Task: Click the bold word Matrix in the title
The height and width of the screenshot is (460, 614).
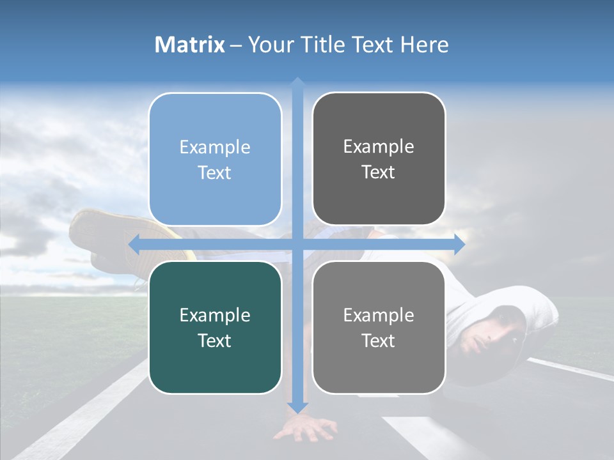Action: click(x=190, y=45)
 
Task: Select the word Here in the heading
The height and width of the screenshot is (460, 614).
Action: click(x=424, y=45)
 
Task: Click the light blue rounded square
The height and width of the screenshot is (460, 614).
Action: click(x=215, y=159)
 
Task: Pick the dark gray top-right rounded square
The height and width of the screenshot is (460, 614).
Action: click(x=379, y=159)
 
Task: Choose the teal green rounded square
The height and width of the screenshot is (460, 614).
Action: click(x=215, y=327)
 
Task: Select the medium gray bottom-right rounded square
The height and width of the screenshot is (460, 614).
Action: click(x=379, y=327)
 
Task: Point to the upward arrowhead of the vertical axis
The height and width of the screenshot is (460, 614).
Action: click(x=297, y=82)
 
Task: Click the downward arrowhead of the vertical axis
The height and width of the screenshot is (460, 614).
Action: click(x=297, y=407)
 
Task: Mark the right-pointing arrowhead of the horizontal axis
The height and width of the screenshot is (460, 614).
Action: click(x=459, y=244)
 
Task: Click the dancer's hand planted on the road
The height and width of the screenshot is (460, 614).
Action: click(x=306, y=429)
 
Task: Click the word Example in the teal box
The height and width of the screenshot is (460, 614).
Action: click(x=215, y=315)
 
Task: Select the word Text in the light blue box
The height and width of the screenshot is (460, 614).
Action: click(x=215, y=172)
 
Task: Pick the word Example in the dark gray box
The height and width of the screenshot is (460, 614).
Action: click(x=379, y=146)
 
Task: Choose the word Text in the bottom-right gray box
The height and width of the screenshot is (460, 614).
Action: click(x=379, y=341)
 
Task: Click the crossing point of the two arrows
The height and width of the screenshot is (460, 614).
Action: click(x=297, y=244)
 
